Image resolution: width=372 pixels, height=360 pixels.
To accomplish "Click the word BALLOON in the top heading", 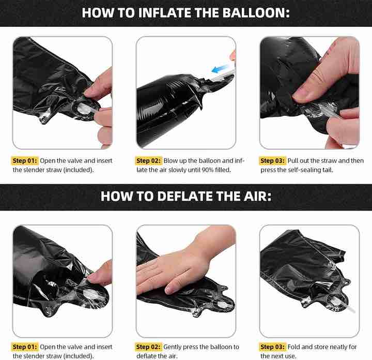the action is tap(256, 12).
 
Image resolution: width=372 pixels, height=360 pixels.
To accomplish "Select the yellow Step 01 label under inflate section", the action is tap(25, 161).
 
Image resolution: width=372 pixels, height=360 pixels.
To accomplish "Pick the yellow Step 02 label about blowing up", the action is tap(148, 161).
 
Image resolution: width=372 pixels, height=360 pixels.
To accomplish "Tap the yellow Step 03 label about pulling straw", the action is tap(272, 161).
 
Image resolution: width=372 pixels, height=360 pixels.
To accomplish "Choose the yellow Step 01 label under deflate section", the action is tap(25, 347).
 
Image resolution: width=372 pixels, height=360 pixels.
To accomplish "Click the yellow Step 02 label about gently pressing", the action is tap(148, 347).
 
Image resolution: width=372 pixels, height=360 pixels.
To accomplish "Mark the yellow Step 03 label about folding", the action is tap(272, 347).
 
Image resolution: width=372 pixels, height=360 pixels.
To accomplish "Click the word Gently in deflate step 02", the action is tap(173, 347).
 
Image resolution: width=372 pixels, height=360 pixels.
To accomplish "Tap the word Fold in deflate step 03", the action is tap(293, 347).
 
